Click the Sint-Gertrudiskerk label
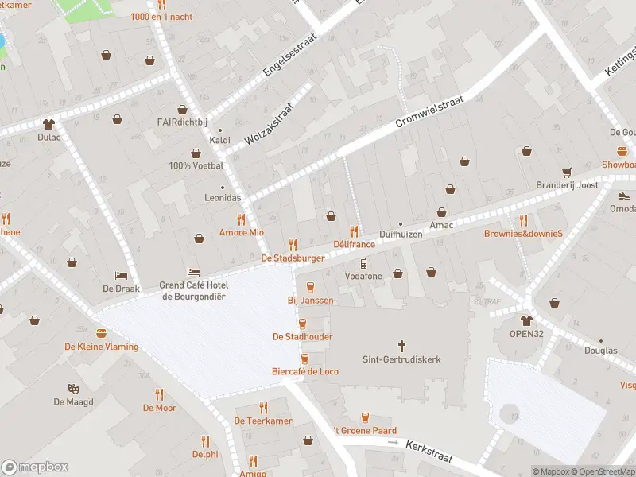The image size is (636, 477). coord(401,359)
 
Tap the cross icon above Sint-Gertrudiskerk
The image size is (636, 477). coord(401,346)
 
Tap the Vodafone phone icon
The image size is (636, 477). coord(363,263)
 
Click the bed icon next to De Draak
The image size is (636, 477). coord(121,275)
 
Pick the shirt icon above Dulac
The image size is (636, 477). coord(49,123)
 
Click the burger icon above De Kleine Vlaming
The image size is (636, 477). coord(101,333)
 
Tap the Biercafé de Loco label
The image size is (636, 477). coord(306,371)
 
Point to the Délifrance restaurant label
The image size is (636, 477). coord(354,244)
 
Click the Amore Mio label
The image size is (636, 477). coord(241,232)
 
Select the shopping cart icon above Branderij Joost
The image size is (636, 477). coord(566,172)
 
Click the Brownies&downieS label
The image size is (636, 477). coord(523,234)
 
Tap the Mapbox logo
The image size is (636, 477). coord(35,467)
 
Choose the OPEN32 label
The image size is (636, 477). coord(526,334)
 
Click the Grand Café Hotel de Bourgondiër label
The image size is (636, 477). coord(192,291)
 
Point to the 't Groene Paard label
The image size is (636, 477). coord(365,431)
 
